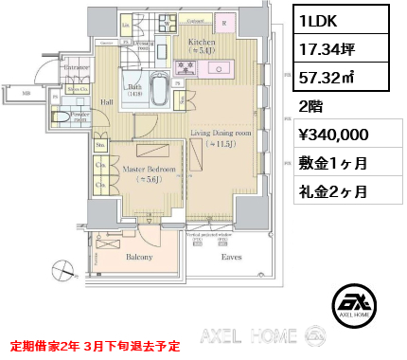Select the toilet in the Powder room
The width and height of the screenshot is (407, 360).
60,117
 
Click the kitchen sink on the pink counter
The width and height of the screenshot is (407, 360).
227,68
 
